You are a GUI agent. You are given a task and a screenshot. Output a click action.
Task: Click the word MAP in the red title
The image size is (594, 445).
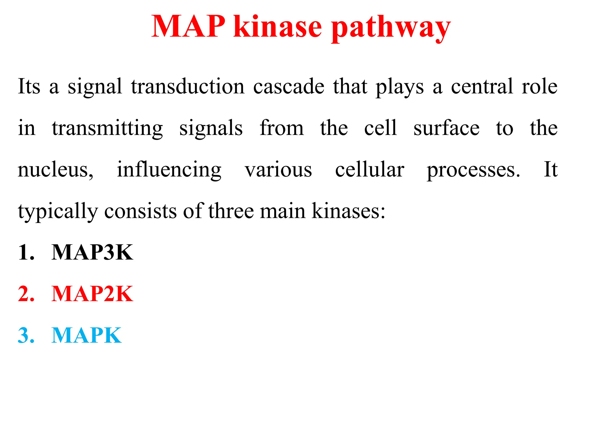click(188, 27)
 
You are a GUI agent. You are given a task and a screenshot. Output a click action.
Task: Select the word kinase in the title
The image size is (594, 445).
click(278, 27)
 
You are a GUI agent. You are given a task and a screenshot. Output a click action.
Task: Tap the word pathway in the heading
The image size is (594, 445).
click(391, 28)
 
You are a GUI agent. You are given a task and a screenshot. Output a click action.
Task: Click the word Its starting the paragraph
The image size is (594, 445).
click(29, 86)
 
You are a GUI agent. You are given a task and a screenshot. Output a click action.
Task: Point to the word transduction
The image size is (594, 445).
click(188, 86)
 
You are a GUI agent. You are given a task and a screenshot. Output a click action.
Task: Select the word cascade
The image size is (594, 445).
click(289, 86)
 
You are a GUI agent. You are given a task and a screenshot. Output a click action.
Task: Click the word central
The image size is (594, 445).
click(482, 86)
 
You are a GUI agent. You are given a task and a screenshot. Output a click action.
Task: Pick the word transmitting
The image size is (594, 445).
click(107, 128)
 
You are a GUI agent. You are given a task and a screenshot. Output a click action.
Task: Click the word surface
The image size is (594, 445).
click(446, 128)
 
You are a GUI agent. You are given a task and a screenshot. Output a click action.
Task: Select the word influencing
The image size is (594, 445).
click(169, 170)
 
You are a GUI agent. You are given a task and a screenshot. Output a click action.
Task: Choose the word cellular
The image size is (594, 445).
click(370, 170)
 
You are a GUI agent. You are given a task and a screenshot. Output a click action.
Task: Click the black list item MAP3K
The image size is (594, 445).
click(92, 252)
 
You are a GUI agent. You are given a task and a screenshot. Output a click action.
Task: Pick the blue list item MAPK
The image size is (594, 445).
click(86, 335)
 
